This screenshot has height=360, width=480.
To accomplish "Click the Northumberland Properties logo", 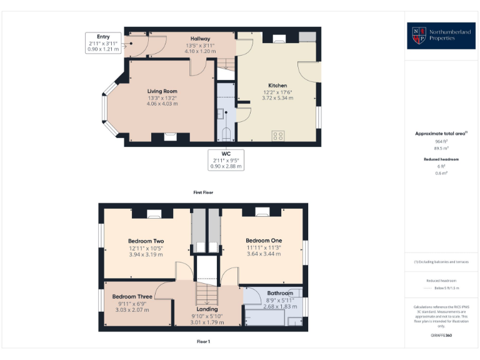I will [442, 36].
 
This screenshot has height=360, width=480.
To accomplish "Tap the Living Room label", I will [162, 91].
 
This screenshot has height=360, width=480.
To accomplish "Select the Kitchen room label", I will [277, 86].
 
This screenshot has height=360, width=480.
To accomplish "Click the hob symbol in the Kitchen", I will [278, 135].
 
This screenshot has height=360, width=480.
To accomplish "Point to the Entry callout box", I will [103, 42].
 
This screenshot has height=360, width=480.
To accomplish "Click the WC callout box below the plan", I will [226, 160].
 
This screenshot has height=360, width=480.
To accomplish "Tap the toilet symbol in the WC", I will [226, 133].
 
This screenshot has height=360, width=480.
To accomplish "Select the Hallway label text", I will [200, 39].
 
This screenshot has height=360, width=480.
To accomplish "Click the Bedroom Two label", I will [146, 241].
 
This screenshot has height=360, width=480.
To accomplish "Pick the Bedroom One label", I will [263, 241].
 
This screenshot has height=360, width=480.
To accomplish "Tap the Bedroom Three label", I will [132, 297].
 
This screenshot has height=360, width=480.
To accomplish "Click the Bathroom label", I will [279, 293].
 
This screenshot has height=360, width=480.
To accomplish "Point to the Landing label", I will [207, 309].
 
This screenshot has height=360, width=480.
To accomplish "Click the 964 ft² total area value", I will [441, 141].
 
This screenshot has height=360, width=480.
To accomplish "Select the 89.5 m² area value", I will [441, 149].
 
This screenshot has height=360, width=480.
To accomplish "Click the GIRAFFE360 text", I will [441, 336].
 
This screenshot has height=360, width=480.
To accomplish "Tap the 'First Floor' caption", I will [203, 192].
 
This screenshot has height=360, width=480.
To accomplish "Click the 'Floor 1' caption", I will [203, 342].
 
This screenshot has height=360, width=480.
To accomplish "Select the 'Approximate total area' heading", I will [441, 134].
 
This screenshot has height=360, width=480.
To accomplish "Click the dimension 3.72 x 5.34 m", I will [277, 98].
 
